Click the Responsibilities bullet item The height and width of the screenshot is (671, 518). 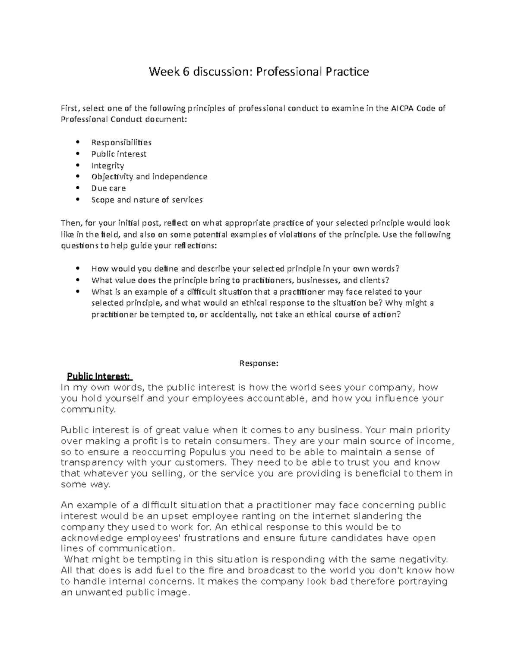(121, 142)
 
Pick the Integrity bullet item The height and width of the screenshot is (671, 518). (107, 165)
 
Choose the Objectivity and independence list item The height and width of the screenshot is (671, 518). (149, 177)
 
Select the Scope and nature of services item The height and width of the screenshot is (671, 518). (147, 200)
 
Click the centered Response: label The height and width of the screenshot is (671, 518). (259, 363)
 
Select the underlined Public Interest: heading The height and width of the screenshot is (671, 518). (99, 376)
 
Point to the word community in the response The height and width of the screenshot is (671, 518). (88, 409)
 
